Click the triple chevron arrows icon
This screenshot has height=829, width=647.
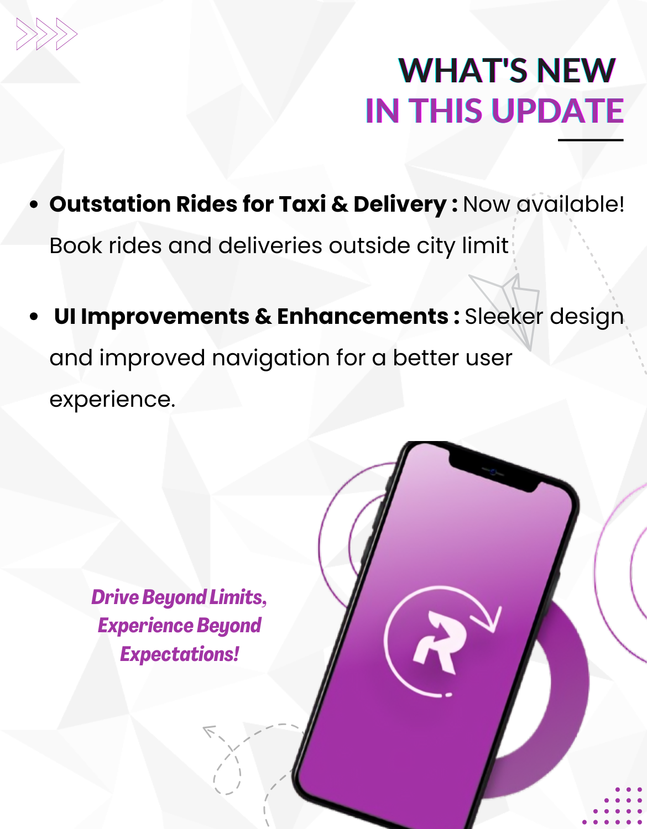(x=47, y=34)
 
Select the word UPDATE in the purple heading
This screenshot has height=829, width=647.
(x=557, y=111)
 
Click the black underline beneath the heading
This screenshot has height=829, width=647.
(x=591, y=140)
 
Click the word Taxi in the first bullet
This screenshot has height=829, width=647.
(x=302, y=204)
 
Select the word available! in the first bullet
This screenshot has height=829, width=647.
(x=570, y=204)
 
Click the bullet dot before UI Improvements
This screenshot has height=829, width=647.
(x=34, y=317)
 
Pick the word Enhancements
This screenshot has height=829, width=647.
(x=363, y=316)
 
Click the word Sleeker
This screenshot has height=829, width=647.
(x=503, y=316)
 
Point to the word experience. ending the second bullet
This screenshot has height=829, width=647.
(x=112, y=400)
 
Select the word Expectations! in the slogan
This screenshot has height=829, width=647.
(x=179, y=654)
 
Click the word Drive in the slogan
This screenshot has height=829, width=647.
(x=115, y=597)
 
